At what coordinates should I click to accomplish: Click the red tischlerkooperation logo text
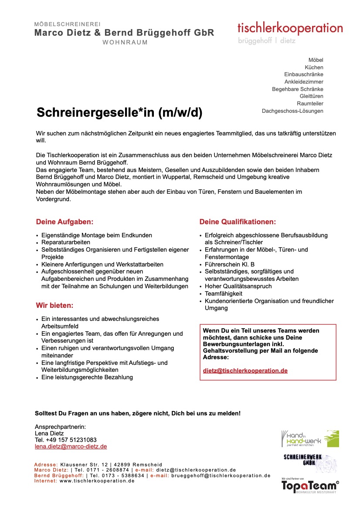coord(290,28)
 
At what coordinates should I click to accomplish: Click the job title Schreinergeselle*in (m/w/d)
coord(119,113)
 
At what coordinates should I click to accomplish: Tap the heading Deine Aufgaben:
coord(65,222)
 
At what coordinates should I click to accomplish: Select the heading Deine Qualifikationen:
coord(238,222)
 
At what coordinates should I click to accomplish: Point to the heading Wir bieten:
coord(54,305)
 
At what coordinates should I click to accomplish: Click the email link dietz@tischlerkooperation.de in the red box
coord(245,371)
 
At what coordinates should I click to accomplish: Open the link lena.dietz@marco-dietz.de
coord(71,446)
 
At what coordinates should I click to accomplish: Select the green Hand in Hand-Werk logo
coord(310,438)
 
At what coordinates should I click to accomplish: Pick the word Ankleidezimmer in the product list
coord(304,81)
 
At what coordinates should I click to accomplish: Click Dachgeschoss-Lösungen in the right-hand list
coord(292,111)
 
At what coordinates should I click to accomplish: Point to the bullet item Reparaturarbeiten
coord(66,242)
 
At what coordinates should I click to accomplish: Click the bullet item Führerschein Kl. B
coord(230,264)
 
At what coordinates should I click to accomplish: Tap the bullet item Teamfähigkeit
coord(224,293)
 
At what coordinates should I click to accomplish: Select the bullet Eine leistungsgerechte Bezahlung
coord(87,377)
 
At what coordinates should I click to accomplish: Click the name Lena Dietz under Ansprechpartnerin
coord(49,433)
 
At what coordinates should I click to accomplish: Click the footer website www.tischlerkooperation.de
coord(97,481)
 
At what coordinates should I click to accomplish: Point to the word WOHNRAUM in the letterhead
coord(125,42)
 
